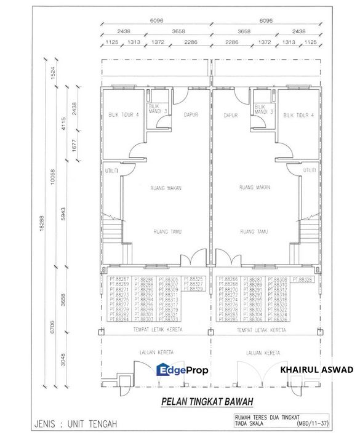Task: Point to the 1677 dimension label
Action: tap(74, 147)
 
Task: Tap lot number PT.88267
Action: tap(119, 279)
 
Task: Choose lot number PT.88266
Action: tap(228, 279)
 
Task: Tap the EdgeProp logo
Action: tap(182, 370)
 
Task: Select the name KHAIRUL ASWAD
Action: tap(316, 370)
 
